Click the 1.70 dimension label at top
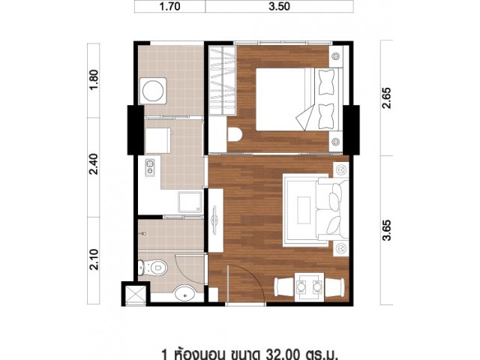170,7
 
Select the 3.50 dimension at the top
279,7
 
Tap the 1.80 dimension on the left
94,79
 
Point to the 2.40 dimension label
94,164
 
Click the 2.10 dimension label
94,259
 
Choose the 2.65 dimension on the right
387,98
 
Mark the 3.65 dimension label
387,230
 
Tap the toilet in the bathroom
152,268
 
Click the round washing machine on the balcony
153,91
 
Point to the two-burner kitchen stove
150,168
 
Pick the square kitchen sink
190,202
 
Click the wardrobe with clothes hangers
222,80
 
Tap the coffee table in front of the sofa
304,210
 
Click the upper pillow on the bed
326,82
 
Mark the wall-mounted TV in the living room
215,220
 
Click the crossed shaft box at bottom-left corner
134,293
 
